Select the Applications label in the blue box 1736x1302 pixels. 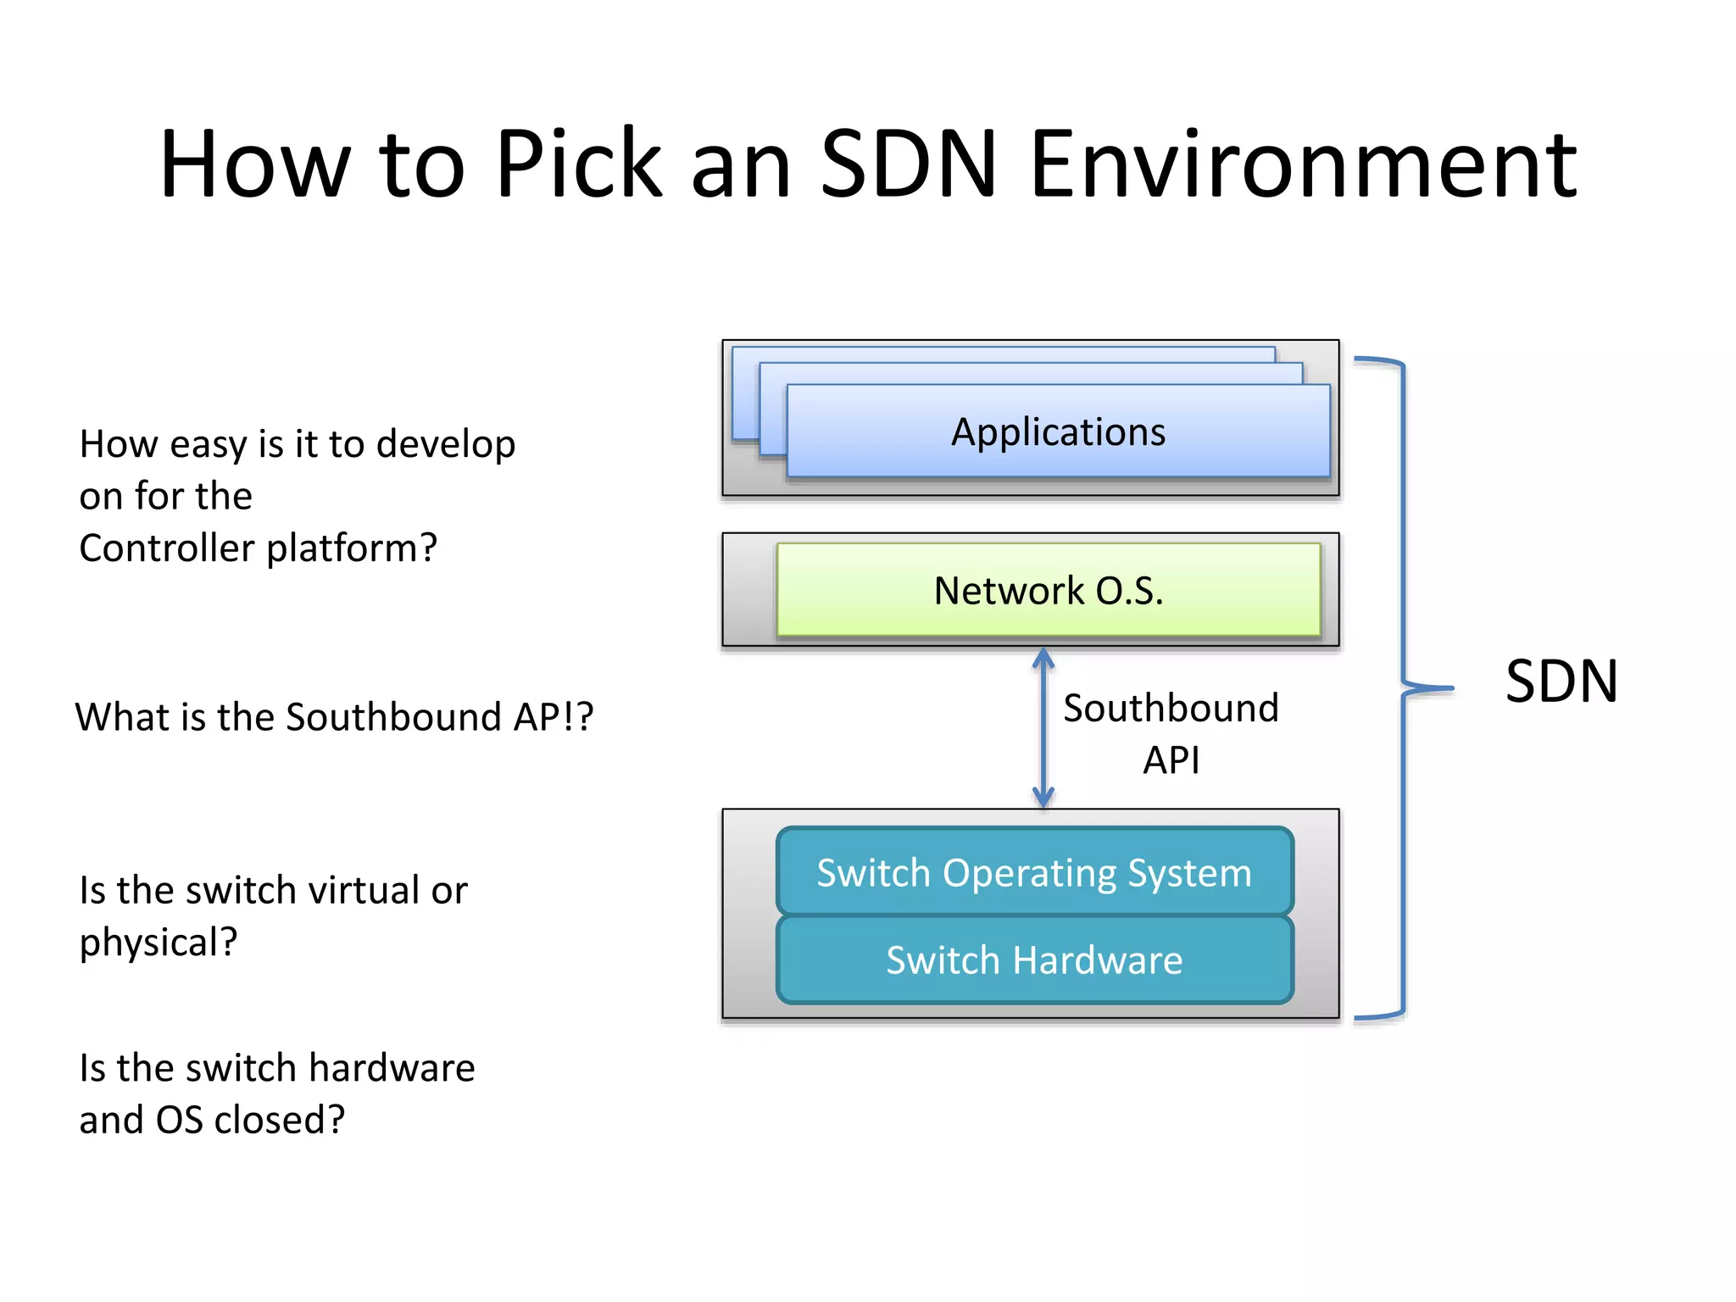(x=1058, y=432)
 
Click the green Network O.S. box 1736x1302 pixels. (x=1049, y=590)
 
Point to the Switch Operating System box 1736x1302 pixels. (x=1034, y=873)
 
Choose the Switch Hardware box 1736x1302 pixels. (x=1034, y=960)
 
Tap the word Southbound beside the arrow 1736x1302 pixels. (x=1171, y=708)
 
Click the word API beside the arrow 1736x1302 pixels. (x=1171, y=759)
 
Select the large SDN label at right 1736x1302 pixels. (x=1561, y=682)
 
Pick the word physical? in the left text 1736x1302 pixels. (x=159, y=943)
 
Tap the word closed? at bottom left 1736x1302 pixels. (x=279, y=1120)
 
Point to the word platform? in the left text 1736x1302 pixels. (x=352, y=548)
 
